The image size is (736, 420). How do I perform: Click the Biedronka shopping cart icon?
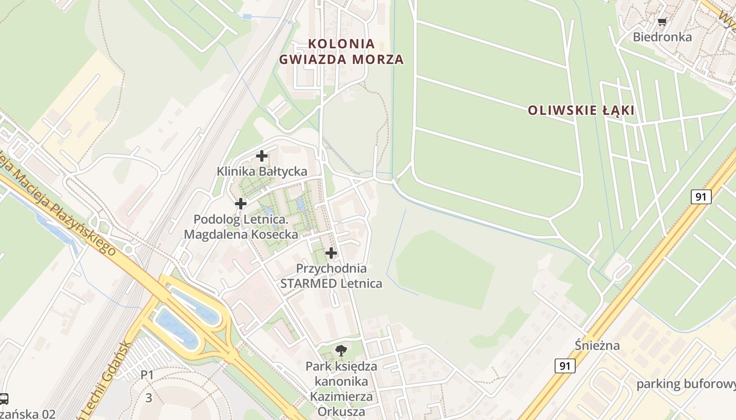point(662,22)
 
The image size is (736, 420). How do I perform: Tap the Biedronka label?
point(662,37)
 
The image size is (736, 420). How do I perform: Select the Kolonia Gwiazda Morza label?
point(341,51)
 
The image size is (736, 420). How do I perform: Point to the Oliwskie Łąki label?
point(581,110)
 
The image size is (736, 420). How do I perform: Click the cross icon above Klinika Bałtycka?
point(262,156)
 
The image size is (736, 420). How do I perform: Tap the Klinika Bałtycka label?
point(262,171)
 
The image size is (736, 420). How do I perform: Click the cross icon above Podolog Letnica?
point(241,203)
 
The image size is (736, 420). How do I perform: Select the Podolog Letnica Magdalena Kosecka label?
point(241,227)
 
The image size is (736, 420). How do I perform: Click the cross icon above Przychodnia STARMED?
point(331,253)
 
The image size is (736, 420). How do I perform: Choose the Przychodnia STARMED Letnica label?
point(331,276)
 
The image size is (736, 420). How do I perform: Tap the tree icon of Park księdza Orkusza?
point(341,350)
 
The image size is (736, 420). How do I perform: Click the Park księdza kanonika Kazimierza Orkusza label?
point(341,388)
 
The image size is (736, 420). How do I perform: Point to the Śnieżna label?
point(597,345)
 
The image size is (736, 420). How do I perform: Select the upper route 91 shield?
point(701,197)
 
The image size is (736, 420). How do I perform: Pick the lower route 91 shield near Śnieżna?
point(565,366)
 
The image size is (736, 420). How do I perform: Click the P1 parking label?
point(147,375)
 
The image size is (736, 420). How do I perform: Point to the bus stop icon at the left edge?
point(3,399)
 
